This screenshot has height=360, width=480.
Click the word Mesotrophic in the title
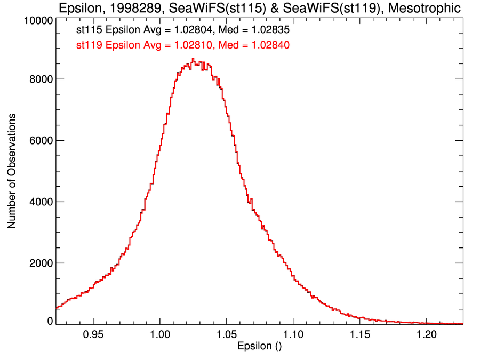[425, 9]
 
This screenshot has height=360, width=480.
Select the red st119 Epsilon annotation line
[183, 45]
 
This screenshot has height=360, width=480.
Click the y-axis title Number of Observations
[11, 171]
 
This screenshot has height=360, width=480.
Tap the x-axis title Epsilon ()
[259, 346]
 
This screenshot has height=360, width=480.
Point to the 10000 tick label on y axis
[38, 20]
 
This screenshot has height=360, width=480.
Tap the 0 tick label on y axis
[50, 321]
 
